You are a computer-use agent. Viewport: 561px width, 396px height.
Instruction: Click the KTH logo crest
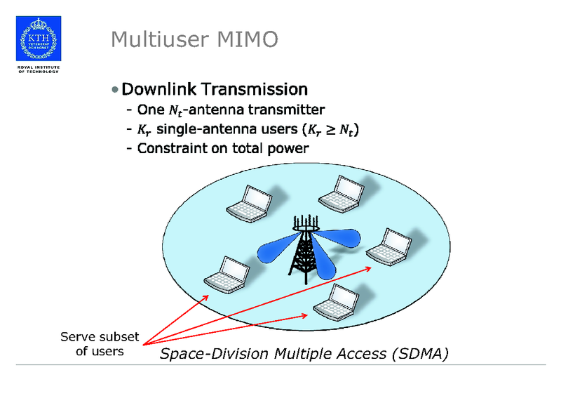(x=38, y=38)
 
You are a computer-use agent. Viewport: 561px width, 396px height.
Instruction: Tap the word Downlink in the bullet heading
(x=158, y=89)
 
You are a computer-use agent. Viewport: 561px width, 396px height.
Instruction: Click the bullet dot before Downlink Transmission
(x=115, y=90)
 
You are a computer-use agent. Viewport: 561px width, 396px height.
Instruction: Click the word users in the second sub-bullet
(x=274, y=129)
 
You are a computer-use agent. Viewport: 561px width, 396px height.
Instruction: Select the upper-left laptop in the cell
(x=248, y=202)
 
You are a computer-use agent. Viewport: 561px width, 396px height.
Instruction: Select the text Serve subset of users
(x=100, y=343)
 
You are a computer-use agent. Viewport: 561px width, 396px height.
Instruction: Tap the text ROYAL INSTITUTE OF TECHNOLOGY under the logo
(x=38, y=70)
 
